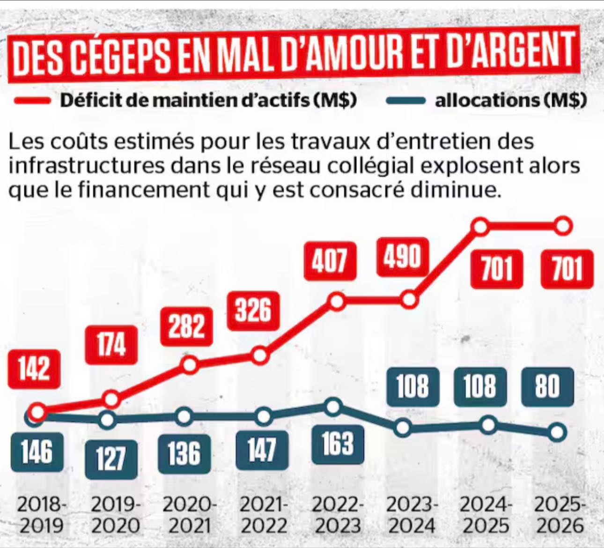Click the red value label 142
tap(34, 369)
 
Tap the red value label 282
tap(186, 326)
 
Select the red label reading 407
tap(330, 260)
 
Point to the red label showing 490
tap(403, 256)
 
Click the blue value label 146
tap(37, 452)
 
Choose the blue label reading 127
tap(111, 459)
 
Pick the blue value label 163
tap(338, 444)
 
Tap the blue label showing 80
tap(547, 387)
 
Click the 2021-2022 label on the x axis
tap(264, 515)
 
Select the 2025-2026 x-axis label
tap(560, 515)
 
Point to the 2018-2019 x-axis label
tap(42, 515)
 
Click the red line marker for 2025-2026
tap(563, 226)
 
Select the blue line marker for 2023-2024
tap(404, 428)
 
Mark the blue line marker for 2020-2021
tap(185, 416)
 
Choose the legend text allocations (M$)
tap(510, 100)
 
